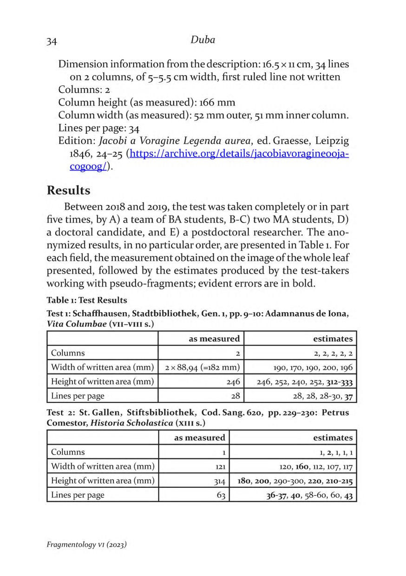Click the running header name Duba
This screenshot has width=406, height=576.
pos(203,40)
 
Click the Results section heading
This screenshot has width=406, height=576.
pos(68,190)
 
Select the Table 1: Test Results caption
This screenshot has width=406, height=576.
pos(87,300)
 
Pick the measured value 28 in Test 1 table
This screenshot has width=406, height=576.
pos(235,396)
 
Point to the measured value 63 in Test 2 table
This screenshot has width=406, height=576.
pos(221,495)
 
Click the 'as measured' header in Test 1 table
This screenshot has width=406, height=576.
pos(214,339)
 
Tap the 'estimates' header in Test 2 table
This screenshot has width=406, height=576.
pos(333,438)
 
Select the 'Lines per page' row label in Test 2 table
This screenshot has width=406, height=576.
pos(78,495)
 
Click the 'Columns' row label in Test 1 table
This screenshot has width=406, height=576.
pos(68,353)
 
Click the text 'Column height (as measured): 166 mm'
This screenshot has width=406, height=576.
pos(147,102)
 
